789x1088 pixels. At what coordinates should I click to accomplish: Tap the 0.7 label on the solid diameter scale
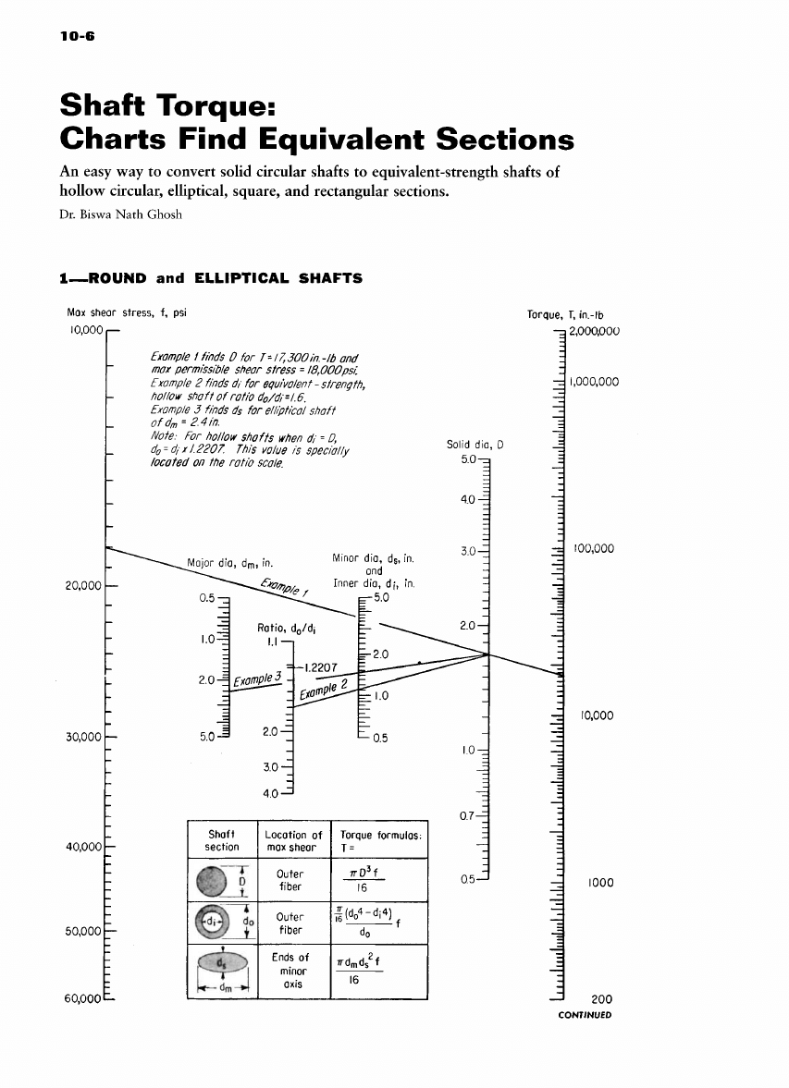click(x=468, y=815)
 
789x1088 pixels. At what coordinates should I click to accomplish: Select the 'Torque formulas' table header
click(x=382, y=840)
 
